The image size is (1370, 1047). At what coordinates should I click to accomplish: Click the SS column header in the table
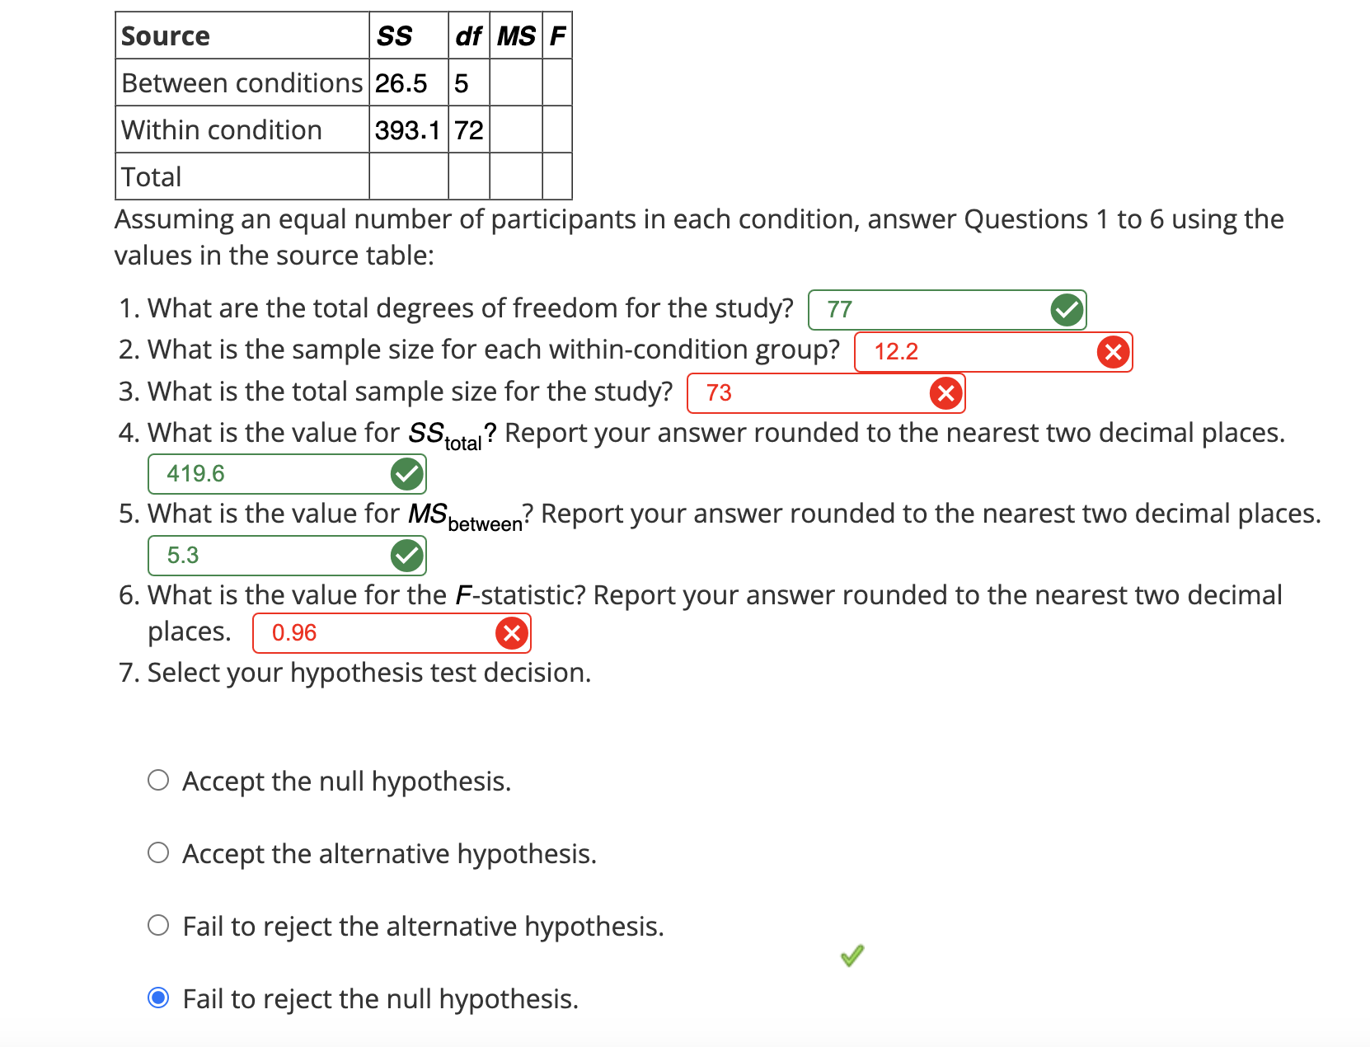click(x=394, y=36)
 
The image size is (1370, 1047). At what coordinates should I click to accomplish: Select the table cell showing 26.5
click(x=401, y=83)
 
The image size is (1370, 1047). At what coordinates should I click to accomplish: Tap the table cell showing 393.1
click(x=407, y=130)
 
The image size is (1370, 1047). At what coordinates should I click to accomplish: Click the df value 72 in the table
click(x=469, y=130)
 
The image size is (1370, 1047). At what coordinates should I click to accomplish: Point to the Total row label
click(x=152, y=177)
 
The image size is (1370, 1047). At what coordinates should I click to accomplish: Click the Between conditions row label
click(x=242, y=83)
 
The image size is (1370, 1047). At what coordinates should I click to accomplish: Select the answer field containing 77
click(x=931, y=310)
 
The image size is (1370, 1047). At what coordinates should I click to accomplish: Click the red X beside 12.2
click(x=1113, y=352)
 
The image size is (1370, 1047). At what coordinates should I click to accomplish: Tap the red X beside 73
click(x=945, y=393)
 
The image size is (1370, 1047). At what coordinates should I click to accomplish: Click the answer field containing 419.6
click(x=272, y=474)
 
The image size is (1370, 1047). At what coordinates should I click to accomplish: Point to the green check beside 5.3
click(x=406, y=556)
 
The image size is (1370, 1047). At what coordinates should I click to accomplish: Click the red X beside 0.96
click(x=511, y=633)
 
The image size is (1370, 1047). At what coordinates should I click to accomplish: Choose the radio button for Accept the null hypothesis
click(x=158, y=780)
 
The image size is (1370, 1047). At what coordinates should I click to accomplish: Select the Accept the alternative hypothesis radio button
click(x=158, y=852)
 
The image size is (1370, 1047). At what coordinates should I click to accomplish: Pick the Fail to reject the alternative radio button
click(x=158, y=925)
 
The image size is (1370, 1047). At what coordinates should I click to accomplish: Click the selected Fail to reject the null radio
click(x=158, y=998)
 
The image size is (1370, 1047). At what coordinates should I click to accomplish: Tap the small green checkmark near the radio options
click(x=852, y=955)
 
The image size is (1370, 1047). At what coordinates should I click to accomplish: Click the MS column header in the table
click(x=516, y=36)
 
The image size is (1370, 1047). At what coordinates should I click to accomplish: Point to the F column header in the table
click(x=557, y=36)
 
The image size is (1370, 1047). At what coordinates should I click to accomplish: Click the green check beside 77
click(x=1067, y=310)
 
